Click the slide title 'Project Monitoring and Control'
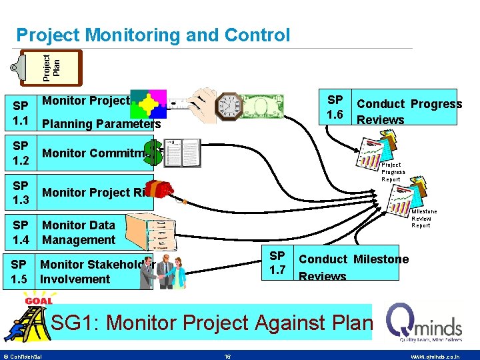pos(153,35)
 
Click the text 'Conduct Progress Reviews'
pos(409,111)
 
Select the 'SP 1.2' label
pos(21,153)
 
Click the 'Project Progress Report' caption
pos(393,172)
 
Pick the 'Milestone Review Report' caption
pos(424,219)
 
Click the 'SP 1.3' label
pos(21,193)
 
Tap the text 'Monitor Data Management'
pos(79,233)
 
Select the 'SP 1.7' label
pos(277,263)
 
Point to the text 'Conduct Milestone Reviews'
pos(353,267)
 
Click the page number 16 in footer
pos(227,357)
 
